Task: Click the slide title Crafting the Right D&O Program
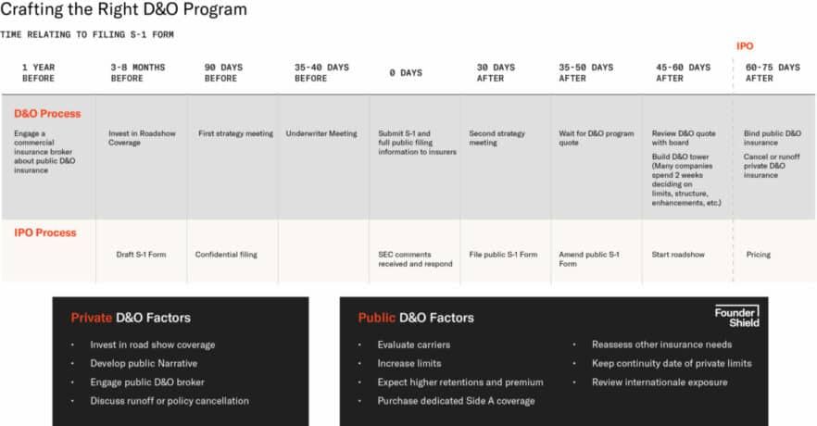(124, 10)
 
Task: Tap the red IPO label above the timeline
(744, 45)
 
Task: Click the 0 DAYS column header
(406, 72)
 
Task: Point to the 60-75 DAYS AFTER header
(772, 72)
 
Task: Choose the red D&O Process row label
(47, 113)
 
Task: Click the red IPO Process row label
(44, 232)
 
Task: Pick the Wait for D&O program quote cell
(596, 138)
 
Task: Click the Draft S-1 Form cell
(141, 254)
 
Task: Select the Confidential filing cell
(226, 254)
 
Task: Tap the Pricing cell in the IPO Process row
(758, 254)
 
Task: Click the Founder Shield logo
(736, 316)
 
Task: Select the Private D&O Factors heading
(131, 318)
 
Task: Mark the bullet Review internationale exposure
(659, 382)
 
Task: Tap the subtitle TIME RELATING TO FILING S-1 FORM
(87, 34)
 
